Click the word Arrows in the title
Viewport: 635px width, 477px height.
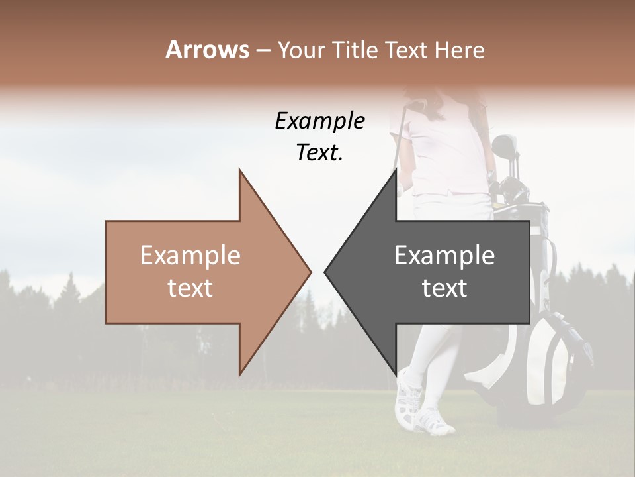pyautogui.click(x=208, y=50)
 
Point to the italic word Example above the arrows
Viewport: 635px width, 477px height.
pyautogui.click(x=319, y=121)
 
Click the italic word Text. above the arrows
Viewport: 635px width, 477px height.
pyautogui.click(x=319, y=153)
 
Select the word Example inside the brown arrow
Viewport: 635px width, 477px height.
pyautogui.click(x=190, y=256)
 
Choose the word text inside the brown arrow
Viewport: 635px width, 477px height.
pyautogui.click(x=190, y=288)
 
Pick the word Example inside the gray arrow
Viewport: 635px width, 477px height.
pyautogui.click(x=444, y=256)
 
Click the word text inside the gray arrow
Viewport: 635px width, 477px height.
pyautogui.click(x=444, y=288)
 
